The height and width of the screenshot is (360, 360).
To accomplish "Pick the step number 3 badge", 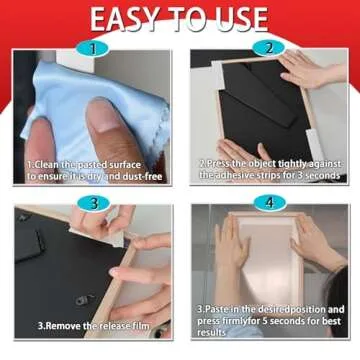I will pos(93,204).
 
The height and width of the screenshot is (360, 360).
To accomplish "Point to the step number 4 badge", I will pos(267,204).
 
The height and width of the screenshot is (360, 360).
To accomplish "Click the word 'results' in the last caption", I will pos(213,333).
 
